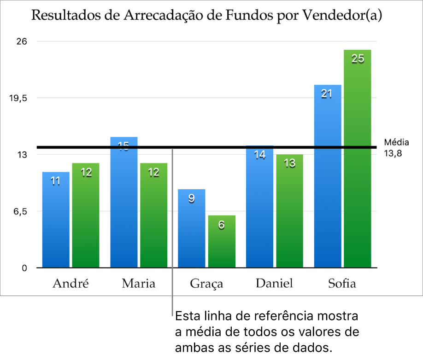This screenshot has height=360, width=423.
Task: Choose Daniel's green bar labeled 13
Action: coord(290,212)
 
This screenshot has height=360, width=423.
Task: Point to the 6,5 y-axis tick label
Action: coord(21,211)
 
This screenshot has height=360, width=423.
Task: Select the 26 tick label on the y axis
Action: coord(22,41)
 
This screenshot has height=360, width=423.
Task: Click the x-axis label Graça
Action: coord(206,284)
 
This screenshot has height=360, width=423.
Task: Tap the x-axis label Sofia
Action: coord(342,283)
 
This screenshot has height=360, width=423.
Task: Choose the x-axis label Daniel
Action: coord(274,283)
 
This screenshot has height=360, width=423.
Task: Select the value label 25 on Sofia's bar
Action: coord(358,58)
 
